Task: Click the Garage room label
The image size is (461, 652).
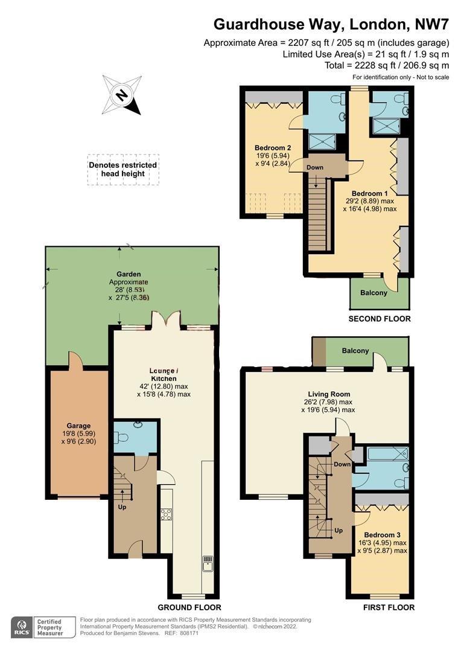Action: click(x=78, y=426)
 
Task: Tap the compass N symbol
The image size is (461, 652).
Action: click(x=122, y=95)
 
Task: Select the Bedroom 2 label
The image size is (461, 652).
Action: click(x=273, y=148)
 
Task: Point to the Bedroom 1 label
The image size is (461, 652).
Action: click(x=369, y=193)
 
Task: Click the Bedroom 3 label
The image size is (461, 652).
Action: click(x=383, y=535)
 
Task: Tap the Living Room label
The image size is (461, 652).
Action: click(x=329, y=394)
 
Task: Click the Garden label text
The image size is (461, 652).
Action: click(x=129, y=274)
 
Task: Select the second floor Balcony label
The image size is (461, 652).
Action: click(x=374, y=293)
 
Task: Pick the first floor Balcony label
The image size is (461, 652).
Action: click(x=355, y=351)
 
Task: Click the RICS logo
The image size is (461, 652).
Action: click(x=22, y=627)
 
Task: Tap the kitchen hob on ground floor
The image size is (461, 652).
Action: click(x=167, y=514)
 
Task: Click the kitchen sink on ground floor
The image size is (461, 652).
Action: click(x=208, y=564)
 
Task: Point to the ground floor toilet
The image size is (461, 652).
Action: click(x=124, y=438)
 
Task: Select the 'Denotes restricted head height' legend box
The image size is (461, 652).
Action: click(x=123, y=170)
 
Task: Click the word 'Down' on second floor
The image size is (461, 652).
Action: click(x=315, y=167)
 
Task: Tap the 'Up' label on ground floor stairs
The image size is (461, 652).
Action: click(x=122, y=507)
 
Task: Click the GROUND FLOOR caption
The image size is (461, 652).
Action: click(x=189, y=607)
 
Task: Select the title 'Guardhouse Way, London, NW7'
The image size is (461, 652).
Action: click(x=331, y=24)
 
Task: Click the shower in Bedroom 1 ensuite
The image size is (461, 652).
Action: click(x=386, y=126)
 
